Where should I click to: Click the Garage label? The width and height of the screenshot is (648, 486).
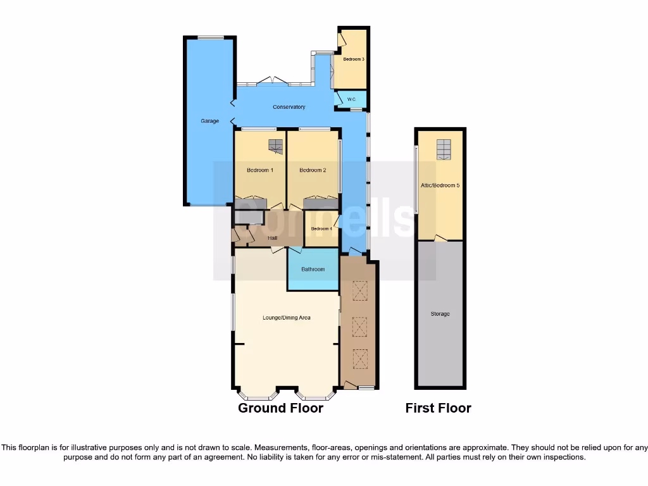click(209, 121)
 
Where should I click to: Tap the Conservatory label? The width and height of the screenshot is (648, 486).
click(289, 107)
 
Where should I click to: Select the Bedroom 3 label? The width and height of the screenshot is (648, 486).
click(354, 59)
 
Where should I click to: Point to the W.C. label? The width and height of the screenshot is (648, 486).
click(351, 99)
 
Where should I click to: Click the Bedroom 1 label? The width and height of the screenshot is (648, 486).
click(259, 170)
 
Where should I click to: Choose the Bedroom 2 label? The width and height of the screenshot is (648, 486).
click(313, 170)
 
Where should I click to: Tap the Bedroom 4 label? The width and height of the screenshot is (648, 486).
click(321, 228)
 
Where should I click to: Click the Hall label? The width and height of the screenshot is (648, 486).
click(272, 238)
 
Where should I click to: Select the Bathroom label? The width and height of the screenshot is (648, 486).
click(313, 270)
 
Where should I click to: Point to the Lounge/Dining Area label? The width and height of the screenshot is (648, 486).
click(287, 318)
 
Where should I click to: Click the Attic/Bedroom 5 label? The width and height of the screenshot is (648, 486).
click(440, 185)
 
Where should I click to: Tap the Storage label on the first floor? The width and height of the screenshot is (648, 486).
click(440, 314)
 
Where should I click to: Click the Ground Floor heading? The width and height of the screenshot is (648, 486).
click(280, 408)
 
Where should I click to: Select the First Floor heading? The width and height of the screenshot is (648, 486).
click(438, 408)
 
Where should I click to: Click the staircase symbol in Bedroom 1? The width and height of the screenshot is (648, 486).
click(275, 146)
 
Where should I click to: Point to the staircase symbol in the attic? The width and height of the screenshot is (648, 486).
click(444, 149)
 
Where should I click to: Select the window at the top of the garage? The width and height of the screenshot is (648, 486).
click(210, 37)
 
